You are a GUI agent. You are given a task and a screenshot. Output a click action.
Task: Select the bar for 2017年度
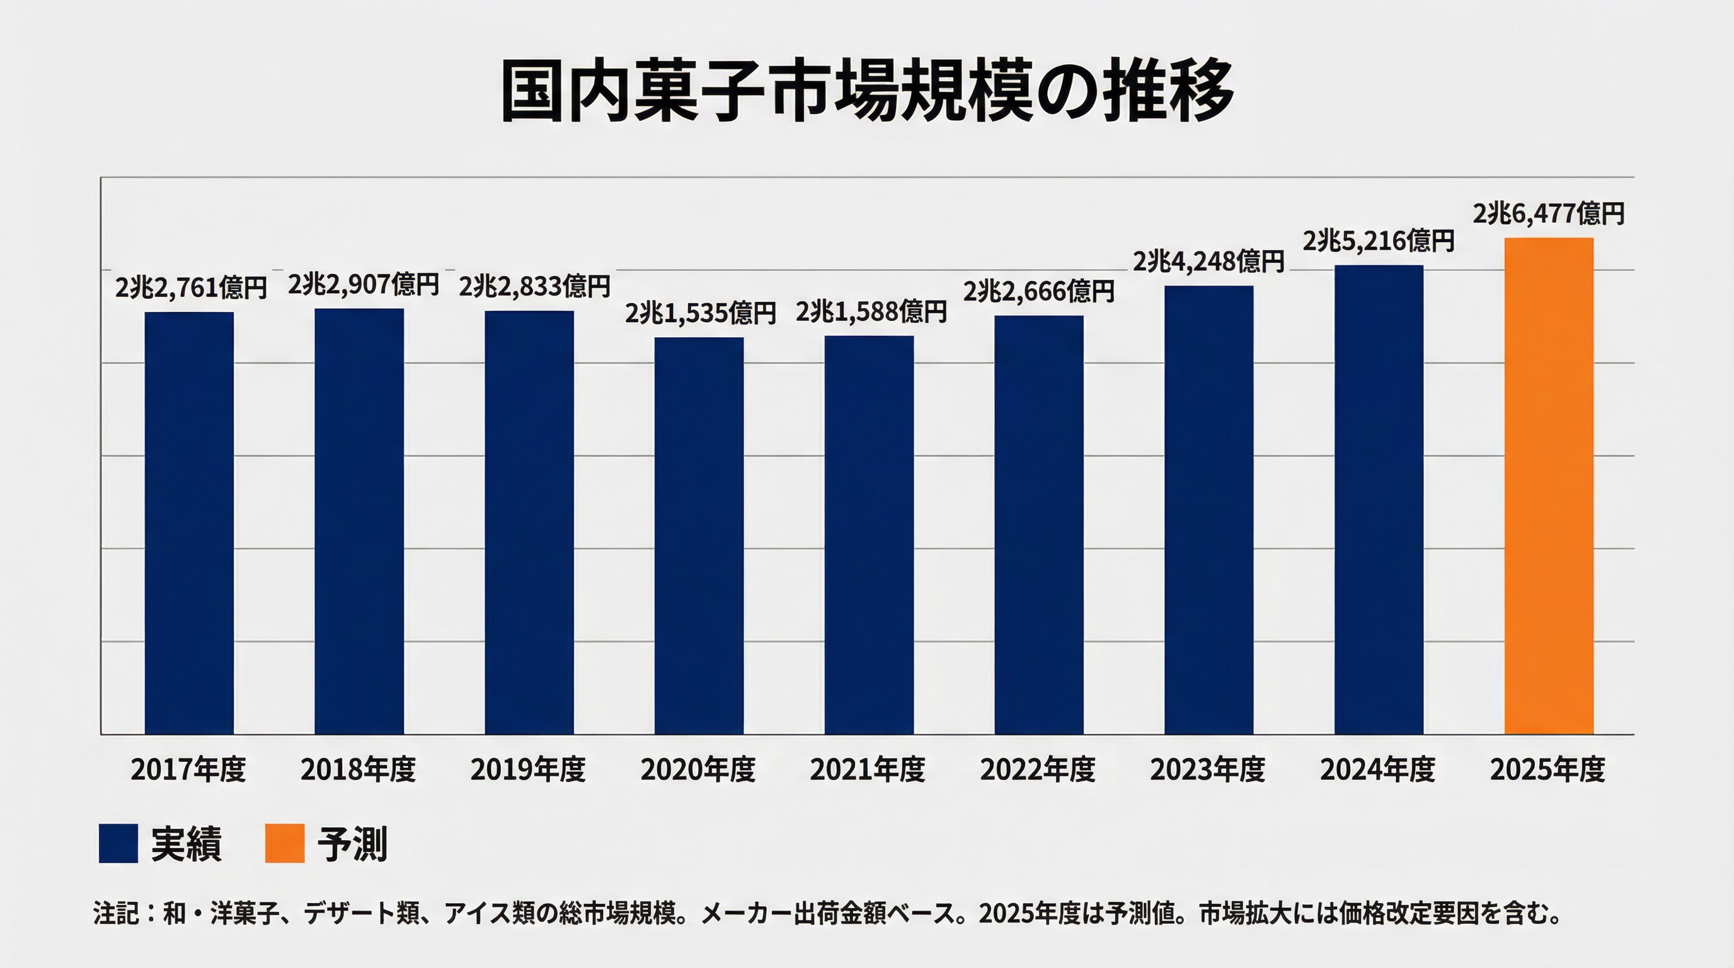189,522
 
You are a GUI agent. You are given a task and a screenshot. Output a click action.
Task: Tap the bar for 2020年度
699,535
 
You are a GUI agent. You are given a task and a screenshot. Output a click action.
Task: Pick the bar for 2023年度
1209,510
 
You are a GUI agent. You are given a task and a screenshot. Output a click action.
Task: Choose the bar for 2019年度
529,522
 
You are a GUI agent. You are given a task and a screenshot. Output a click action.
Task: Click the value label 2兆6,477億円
1548,214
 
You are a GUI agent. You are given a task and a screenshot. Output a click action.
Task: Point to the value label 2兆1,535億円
700,314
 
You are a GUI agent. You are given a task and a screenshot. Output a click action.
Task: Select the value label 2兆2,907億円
364,285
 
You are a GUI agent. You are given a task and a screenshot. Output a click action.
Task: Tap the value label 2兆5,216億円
1379,241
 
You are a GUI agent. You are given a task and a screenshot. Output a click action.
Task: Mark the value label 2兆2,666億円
1038,292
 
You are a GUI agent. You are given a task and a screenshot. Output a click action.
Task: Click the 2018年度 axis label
358,769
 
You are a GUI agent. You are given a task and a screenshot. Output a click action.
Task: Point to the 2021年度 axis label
868,769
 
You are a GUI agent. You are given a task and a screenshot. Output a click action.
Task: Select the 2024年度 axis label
1378,769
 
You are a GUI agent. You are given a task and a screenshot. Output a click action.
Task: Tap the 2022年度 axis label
1038,769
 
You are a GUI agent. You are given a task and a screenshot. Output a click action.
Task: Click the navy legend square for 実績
118,843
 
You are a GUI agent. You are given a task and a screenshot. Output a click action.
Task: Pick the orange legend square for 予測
285,843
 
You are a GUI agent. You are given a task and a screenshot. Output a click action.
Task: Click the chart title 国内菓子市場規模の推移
867,91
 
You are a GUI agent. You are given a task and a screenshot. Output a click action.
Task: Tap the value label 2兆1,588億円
871,313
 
